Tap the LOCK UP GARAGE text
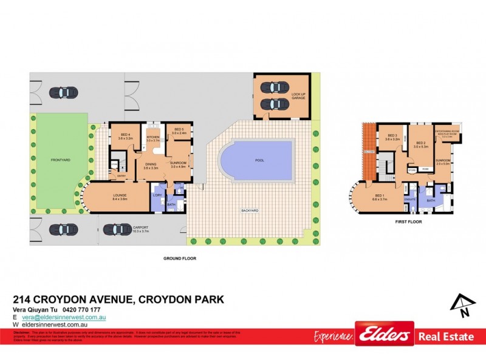coord(298,95)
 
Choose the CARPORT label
coord(140,229)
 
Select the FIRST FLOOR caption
coord(408,222)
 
